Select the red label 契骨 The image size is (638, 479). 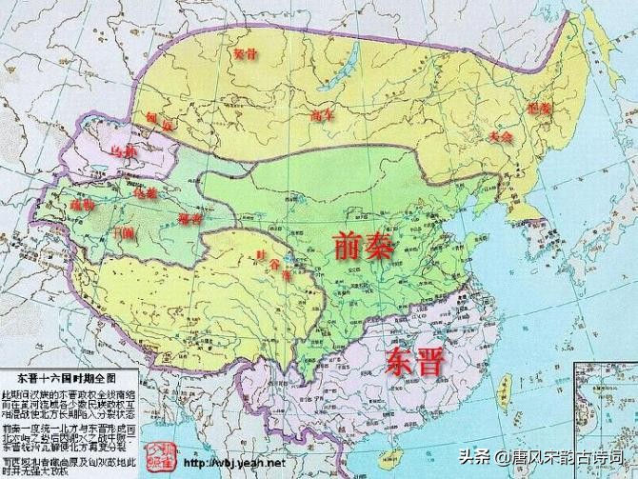click(246, 54)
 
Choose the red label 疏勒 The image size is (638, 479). click(83, 205)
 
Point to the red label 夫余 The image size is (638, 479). click(500, 136)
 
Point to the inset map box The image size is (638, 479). click(602, 419)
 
